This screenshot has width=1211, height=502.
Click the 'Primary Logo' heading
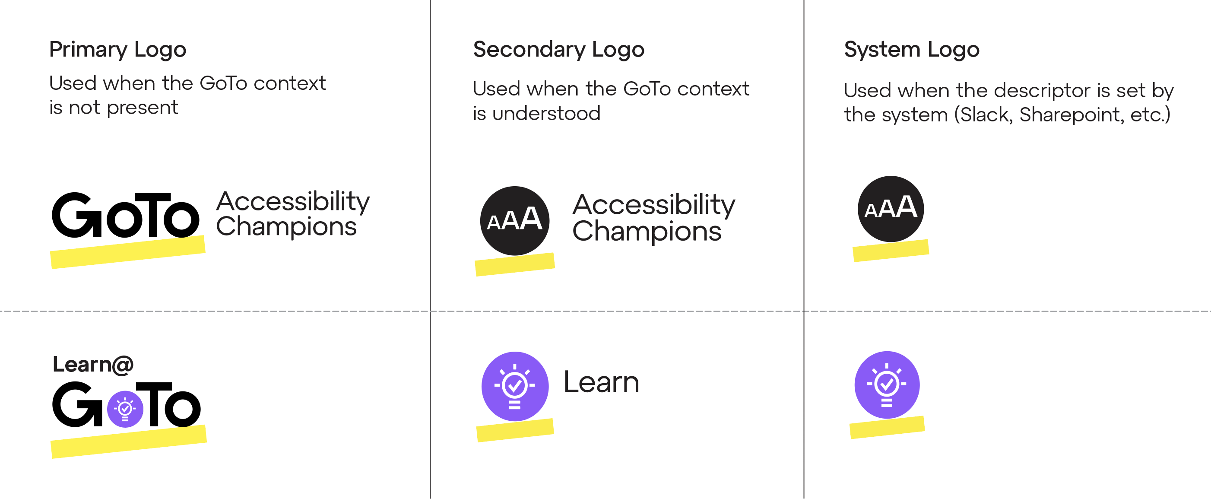point(117,50)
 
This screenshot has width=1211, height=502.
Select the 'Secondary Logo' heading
point(558,50)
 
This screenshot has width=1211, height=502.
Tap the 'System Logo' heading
point(912,50)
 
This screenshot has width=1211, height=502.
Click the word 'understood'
point(546,114)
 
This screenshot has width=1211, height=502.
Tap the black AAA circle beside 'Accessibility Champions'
point(514,220)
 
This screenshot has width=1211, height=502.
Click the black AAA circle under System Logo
point(891,209)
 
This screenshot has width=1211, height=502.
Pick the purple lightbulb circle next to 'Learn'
point(515,386)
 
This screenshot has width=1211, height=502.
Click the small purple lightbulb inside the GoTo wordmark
point(125,409)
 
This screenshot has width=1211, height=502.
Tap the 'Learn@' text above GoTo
point(93,365)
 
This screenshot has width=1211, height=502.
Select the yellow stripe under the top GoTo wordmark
point(128,253)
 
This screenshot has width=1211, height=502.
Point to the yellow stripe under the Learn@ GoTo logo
point(128,442)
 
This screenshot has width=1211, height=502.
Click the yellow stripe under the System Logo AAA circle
point(891,251)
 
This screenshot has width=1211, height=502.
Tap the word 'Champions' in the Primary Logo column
point(286,227)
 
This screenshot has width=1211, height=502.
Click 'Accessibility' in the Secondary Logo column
point(653,205)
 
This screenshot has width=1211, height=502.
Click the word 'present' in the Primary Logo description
point(143,108)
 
